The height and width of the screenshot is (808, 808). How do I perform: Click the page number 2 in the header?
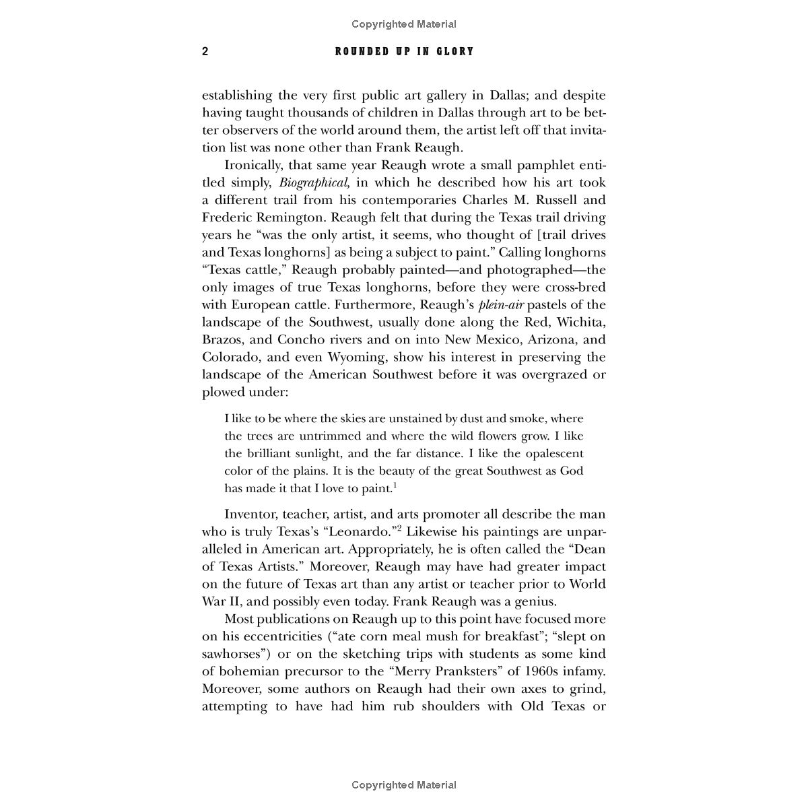(x=205, y=52)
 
